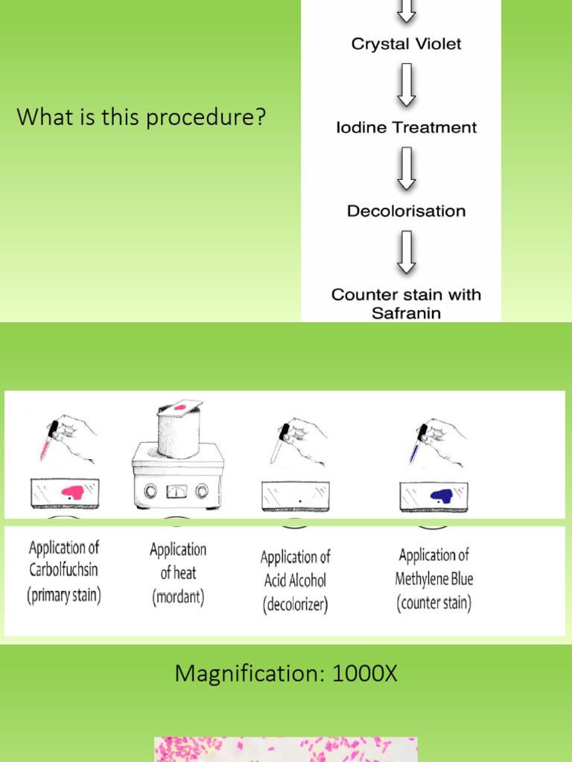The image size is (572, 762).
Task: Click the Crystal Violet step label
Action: pyautogui.click(x=406, y=44)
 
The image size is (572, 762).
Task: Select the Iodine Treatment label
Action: pyautogui.click(x=406, y=127)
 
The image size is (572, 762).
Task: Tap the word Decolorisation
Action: pyautogui.click(x=406, y=211)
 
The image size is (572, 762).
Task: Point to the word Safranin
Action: pyautogui.click(x=406, y=313)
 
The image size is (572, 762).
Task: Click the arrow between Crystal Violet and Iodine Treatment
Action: pyautogui.click(x=406, y=85)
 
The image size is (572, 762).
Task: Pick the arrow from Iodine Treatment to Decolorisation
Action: pyautogui.click(x=406, y=169)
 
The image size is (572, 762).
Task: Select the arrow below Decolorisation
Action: pyautogui.click(x=406, y=252)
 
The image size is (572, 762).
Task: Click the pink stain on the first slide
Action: pyautogui.click(x=72, y=491)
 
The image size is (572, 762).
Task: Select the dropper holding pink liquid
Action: pyautogui.click(x=50, y=443)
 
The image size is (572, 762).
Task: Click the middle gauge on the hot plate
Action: pyautogui.click(x=177, y=491)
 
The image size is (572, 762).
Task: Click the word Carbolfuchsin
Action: pyautogui.click(x=63, y=571)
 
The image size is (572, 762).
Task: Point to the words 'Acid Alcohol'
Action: pyautogui.click(x=295, y=580)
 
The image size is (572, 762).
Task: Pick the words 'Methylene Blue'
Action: pyautogui.click(x=434, y=578)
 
